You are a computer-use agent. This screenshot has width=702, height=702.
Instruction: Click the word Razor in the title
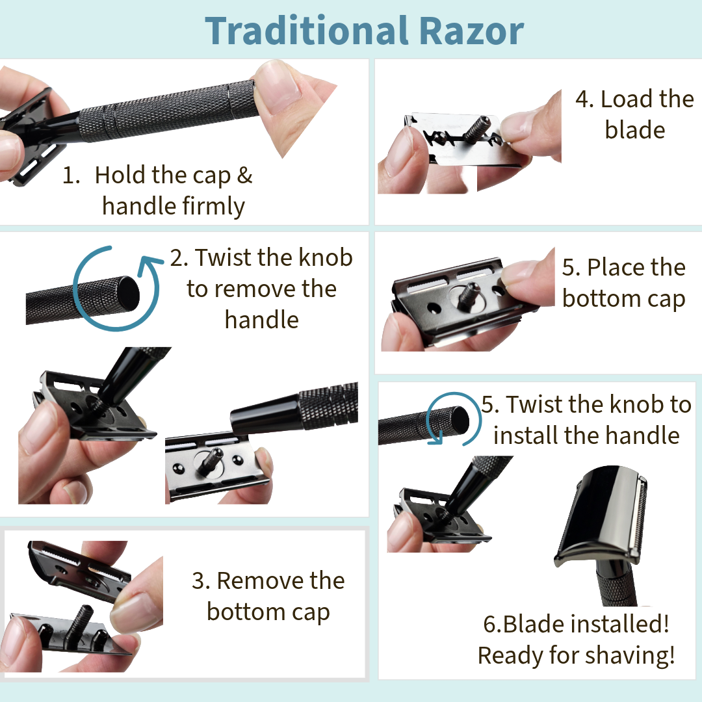tap(472, 31)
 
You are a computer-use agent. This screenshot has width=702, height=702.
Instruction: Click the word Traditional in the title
tap(306, 31)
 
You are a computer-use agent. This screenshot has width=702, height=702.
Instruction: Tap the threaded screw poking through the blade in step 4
tap(476, 127)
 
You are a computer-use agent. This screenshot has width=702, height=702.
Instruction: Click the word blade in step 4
tap(635, 130)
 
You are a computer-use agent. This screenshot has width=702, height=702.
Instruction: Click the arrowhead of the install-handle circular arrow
tap(435, 438)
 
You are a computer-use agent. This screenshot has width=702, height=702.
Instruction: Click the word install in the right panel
tap(523, 435)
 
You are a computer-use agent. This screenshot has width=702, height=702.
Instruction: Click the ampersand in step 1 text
tap(244, 175)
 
